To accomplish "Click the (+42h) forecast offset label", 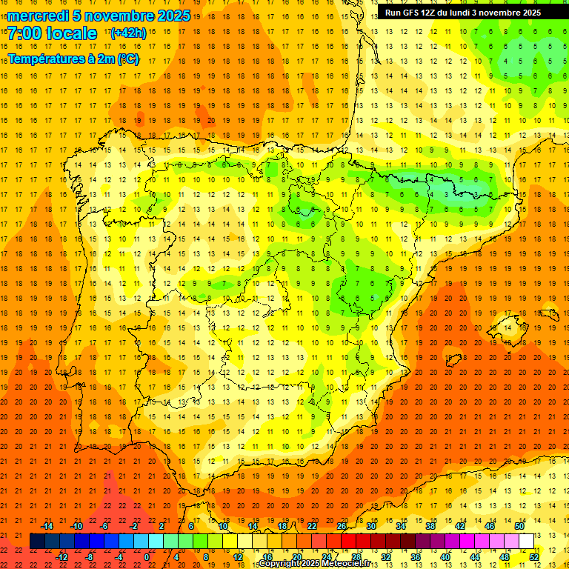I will coord(128,33).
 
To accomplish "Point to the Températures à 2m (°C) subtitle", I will coord(73,59).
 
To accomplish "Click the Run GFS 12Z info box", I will coord(463,13).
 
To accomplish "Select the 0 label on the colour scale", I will coord(147,556).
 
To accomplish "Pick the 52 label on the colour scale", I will coord(534,556).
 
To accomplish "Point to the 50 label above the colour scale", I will coord(519,526).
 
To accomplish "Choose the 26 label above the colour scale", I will coord(342,526).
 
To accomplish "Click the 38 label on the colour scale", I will coord(430,526).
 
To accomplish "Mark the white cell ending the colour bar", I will coord(526,541).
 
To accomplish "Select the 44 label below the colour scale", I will coord(475,556).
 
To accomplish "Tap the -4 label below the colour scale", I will coord(119,556).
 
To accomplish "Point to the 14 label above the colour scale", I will coord(253,526).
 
